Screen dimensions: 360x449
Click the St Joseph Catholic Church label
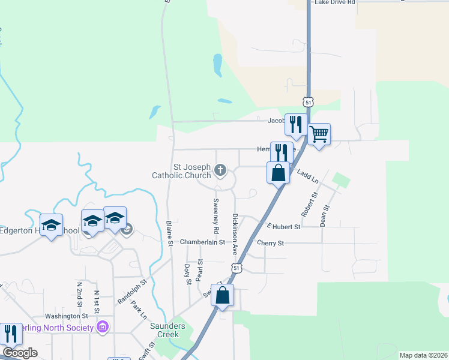tap(183, 171)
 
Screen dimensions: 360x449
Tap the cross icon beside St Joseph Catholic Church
tap(220, 171)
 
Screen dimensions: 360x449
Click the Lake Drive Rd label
tap(334, 2)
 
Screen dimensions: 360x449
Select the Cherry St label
tap(270, 243)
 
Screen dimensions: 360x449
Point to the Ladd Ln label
tap(307, 176)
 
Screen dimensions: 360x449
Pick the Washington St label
tap(67, 316)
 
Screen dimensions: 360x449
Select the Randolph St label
tap(132, 291)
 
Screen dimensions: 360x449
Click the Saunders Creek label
tap(172, 331)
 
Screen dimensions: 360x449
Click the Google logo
tap(19, 353)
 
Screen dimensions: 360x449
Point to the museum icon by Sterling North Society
tap(103, 327)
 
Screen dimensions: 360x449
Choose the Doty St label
tap(187, 274)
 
